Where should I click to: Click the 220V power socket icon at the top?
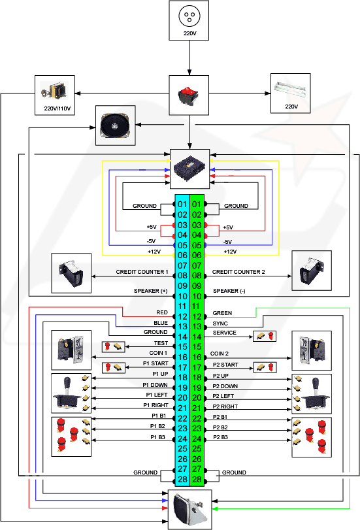coord(189,16)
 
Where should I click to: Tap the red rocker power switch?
coord(188,95)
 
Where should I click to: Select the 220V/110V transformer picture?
coord(54,90)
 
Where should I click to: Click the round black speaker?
coord(115,125)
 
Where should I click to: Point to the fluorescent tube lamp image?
coord(290,89)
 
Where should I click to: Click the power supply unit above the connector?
coord(189,168)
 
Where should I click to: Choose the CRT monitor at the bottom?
coord(189,509)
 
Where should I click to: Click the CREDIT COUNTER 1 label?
coord(142,272)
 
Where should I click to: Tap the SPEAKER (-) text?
coord(229,291)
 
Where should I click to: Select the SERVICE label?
coord(225,333)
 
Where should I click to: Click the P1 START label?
coord(155,363)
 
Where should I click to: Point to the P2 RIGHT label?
coord(225,406)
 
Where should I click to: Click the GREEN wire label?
coord(222,313)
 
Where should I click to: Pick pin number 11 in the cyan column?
coord(182,306)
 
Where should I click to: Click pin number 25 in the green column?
coord(197,448)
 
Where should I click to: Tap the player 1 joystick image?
coord(67,393)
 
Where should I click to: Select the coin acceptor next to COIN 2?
coord(312,350)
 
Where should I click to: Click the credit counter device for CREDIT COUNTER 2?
coord(311,271)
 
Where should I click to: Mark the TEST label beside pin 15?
coord(161,343)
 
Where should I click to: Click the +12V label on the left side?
coord(154,252)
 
